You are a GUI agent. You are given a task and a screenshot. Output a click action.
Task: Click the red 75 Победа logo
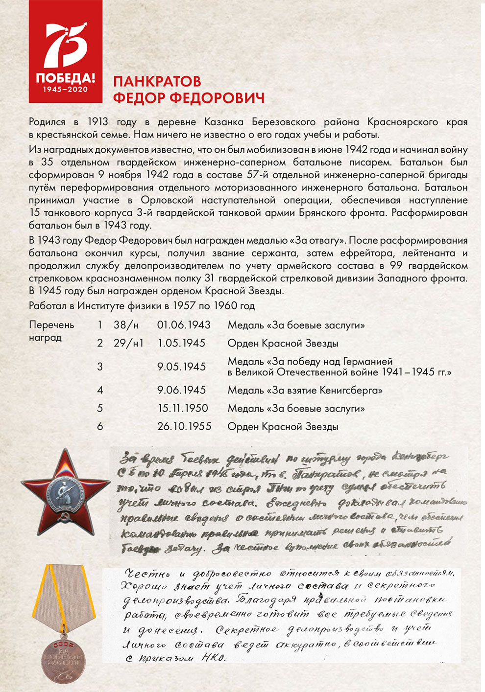(x=65, y=51)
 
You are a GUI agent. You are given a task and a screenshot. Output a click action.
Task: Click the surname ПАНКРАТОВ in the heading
(x=157, y=81)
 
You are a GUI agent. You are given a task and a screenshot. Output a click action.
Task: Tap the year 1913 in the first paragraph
(x=98, y=122)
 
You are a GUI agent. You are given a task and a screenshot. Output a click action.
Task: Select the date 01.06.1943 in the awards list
(x=184, y=325)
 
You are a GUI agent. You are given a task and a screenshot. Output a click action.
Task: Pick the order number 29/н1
(x=128, y=343)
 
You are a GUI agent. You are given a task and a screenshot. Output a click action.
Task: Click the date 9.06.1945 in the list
(x=181, y=390)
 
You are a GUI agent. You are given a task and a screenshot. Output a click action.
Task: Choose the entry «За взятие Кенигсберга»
(x=305, y=390)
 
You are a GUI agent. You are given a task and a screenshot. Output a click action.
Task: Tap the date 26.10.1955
(x=184, y=426)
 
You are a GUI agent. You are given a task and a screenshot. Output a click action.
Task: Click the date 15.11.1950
(x=183, y=408)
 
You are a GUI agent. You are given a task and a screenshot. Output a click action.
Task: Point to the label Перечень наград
(x=51, y=331)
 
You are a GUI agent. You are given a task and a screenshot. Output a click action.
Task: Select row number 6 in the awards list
(x=100, y=426)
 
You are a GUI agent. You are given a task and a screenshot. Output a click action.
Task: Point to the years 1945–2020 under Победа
(x=65, y=90)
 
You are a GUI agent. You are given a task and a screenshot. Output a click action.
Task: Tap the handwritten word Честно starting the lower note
(x=143, y=574)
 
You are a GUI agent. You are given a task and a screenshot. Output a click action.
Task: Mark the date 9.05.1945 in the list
(x=181, y=367)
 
